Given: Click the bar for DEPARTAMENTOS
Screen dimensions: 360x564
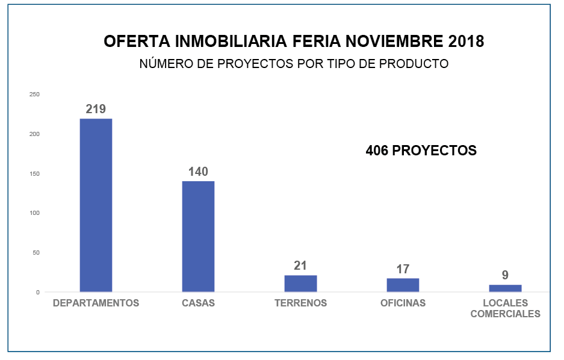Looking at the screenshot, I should [x=96, y=205].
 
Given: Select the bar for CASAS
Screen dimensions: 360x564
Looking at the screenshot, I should [x=198, y=237].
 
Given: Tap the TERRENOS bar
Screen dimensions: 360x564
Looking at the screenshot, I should [x=300, y=284].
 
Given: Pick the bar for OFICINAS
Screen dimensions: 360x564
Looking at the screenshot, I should [x=403, y=285].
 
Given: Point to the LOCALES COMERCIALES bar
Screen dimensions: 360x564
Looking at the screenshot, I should [x=505, y=288].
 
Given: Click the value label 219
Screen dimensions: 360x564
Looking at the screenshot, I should [x=96, y=109].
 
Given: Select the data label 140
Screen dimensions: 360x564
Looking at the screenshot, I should [x=198, y=172].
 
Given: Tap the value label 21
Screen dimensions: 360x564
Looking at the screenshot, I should [x=300, y=265].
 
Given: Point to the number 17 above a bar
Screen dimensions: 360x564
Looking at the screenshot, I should [x=403, y=268].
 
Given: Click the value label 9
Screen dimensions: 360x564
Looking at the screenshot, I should [x=505, y=275].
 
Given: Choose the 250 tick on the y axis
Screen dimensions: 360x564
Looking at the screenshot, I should [x=34, y=95].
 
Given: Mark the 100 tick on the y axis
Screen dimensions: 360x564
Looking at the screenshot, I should [x=34, y=213].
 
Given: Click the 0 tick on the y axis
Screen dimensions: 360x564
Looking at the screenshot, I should [x=37, y=292].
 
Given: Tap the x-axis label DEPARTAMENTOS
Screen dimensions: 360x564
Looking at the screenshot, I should [x=96, y=303].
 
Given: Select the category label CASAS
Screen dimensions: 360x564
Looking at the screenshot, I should [x=198, y=303].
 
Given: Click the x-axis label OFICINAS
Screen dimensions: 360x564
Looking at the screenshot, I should [x=403, y=303].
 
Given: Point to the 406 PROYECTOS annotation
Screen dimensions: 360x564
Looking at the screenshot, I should [x=421, y=151].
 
